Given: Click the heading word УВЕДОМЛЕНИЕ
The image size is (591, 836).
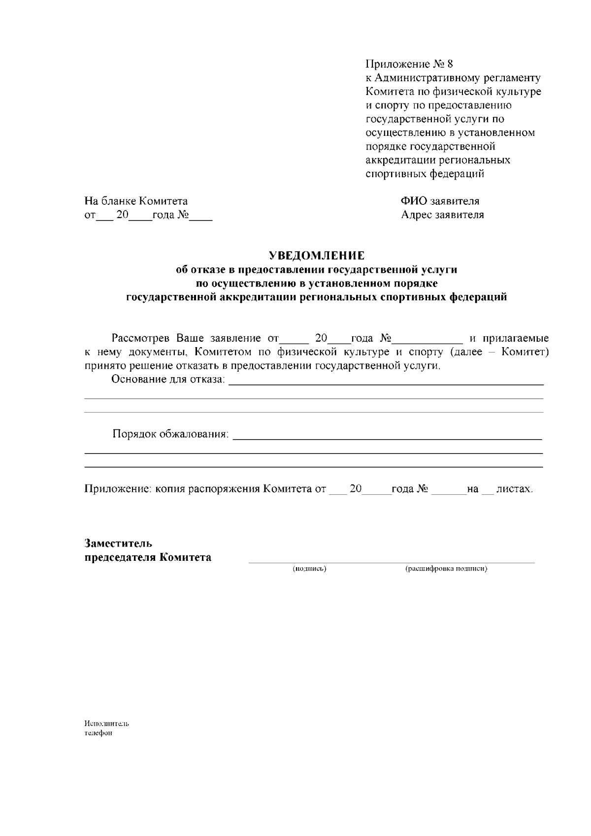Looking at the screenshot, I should click(x=317, y=256).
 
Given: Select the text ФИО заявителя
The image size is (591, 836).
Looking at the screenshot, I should click(x=440, y=201).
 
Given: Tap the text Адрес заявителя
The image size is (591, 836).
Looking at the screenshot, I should click(x=442, y=215).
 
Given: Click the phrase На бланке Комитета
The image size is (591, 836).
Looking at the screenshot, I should click(x=136, y=201).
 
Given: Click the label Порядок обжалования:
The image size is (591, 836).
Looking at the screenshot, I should click(x=171, y=434).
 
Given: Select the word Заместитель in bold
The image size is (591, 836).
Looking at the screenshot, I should click(x=118, y=544).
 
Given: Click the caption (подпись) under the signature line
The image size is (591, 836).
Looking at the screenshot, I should click(x=310, y=569).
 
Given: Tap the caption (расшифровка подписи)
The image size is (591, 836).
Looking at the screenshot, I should click(x=446, y=569).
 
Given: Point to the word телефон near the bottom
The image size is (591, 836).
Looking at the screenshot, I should click(x=98, y=733).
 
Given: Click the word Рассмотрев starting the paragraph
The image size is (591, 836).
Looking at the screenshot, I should click(x=141, y=339).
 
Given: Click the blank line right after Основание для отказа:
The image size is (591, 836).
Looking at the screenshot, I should click(x=387, y=382).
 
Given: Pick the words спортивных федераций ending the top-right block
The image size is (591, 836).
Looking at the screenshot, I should click(x=425, y=174).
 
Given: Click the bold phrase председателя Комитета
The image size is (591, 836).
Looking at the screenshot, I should click(x=148, y=557).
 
